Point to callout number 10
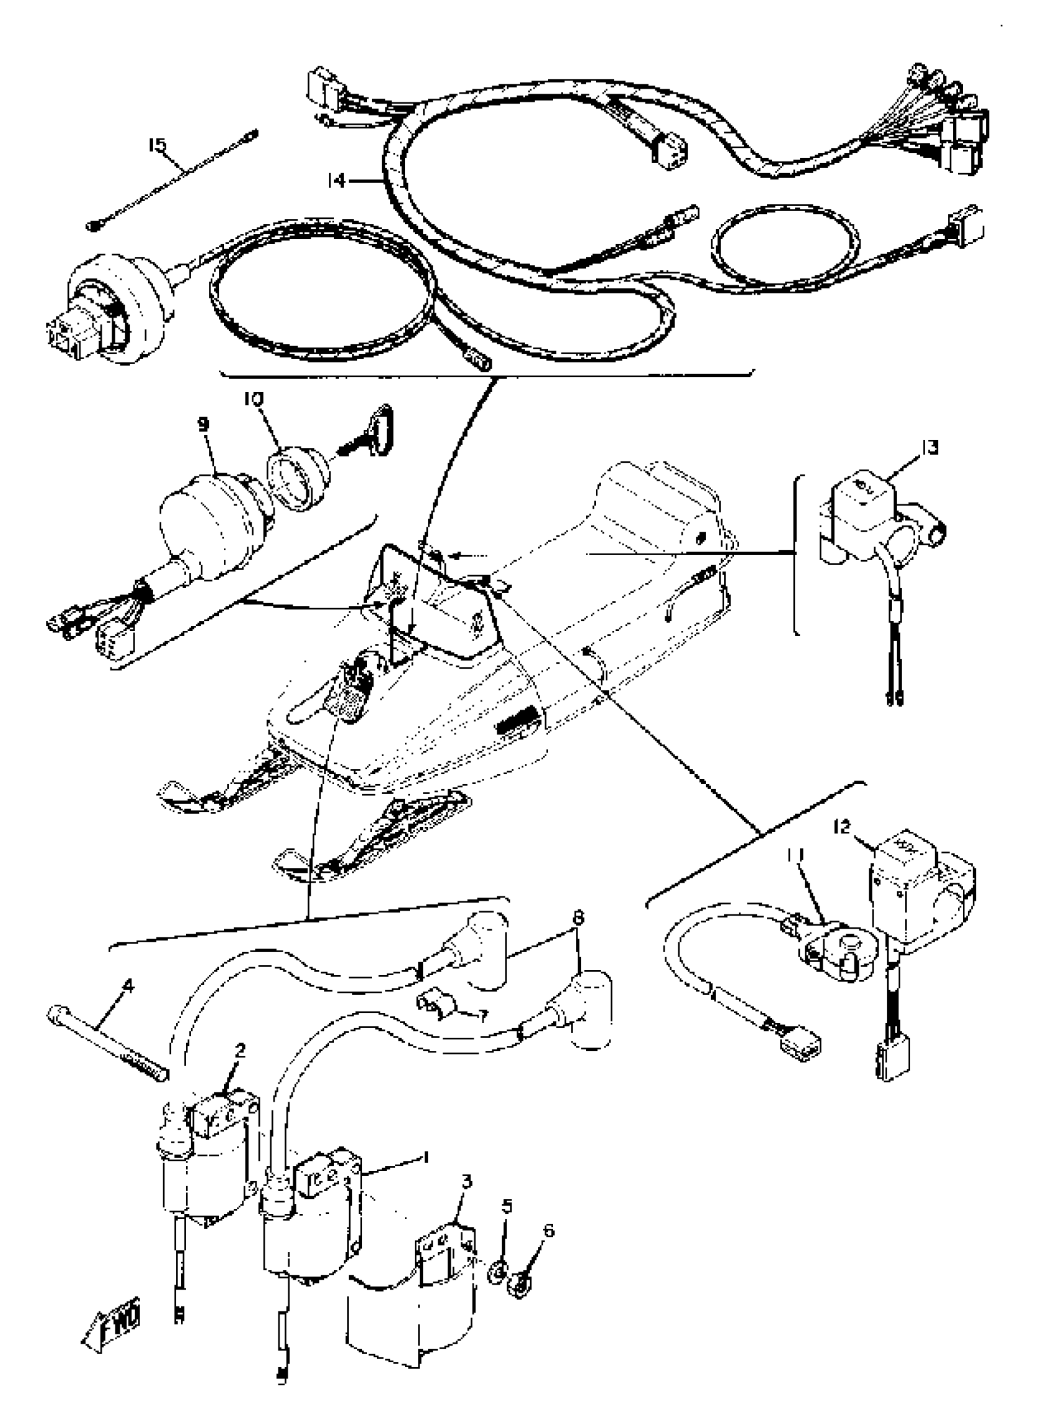pos(253,399)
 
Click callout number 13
pos(930,448)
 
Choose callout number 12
pos(842,828)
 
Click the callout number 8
pos(578,919)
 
